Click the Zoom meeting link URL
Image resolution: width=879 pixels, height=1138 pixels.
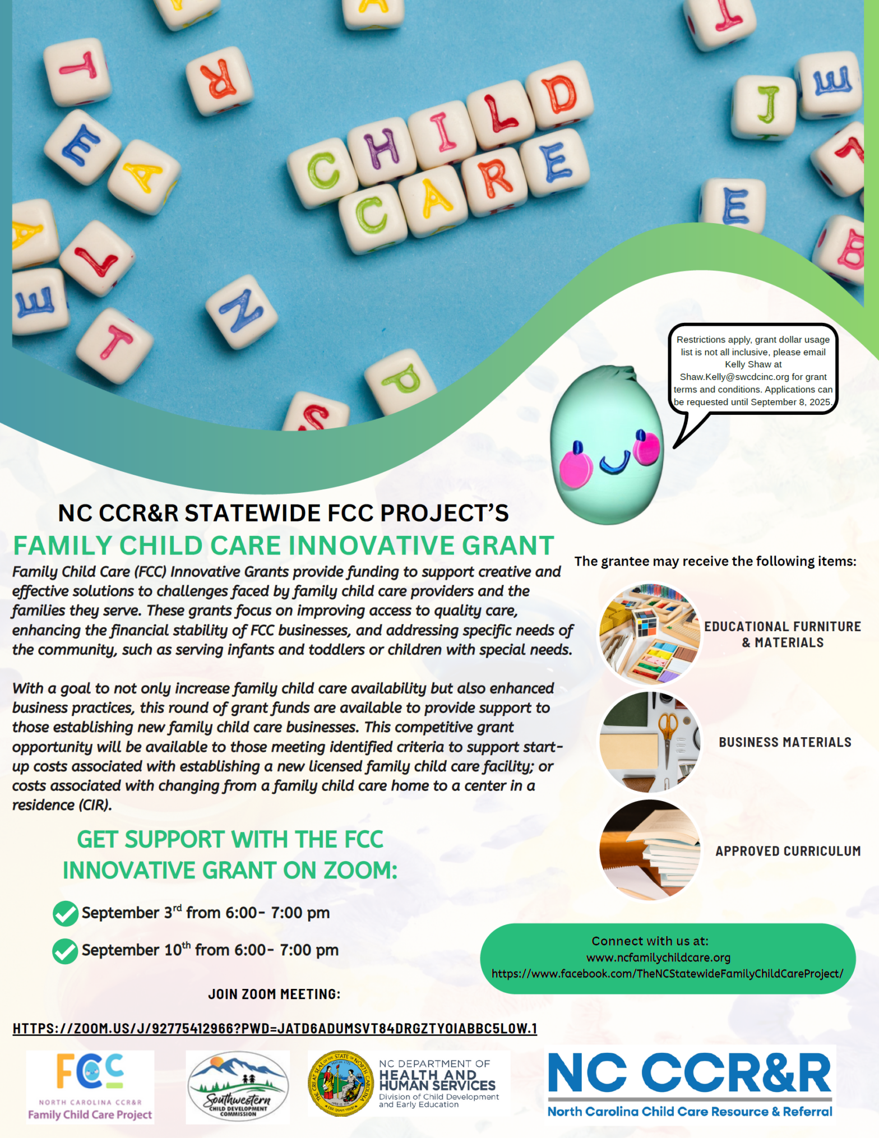click(275, 1028)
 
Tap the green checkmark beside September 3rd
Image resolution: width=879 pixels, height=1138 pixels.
click(65, 913)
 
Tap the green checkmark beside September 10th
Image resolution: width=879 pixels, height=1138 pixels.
click(65, 951)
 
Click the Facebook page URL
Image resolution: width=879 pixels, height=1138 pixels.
click(667, 974)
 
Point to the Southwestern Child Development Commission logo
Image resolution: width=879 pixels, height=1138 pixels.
click(238, 1086)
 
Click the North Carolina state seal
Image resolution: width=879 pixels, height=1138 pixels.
click(340, 1083)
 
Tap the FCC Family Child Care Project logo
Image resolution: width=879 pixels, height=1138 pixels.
click(90, 1087)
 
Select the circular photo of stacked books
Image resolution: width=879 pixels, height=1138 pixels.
click(650, 850)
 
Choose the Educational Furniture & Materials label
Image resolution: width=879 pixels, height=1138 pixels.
click(783, 634)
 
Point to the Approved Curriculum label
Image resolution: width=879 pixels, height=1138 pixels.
click(788, 851)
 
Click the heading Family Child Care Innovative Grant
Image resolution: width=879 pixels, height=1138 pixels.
click(284, 545)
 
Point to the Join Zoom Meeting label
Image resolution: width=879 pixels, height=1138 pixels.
click(274, 994)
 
